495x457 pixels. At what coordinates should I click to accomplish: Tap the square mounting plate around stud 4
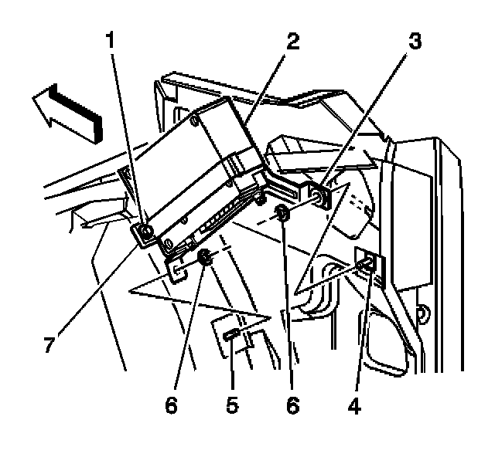tap(365, 259)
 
